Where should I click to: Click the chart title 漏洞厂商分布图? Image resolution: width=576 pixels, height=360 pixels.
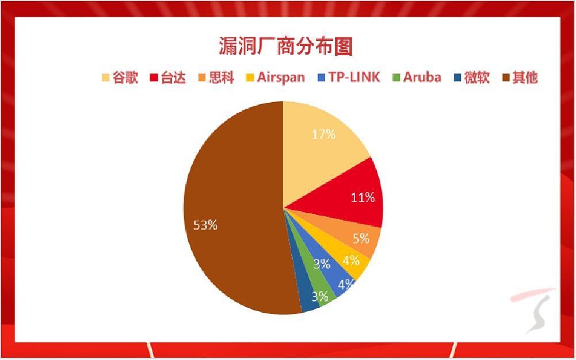click(286, 46)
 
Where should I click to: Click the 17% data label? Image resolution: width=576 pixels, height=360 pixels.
click(323, 135)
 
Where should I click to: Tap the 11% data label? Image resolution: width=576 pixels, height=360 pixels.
click(363, 197)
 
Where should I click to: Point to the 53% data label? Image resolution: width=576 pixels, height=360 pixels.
click(205, 225)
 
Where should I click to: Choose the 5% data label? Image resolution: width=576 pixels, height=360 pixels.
click(361, 239)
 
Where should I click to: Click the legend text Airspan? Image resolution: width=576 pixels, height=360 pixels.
click(281, 78)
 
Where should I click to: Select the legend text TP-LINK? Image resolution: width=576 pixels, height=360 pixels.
click(354, 77)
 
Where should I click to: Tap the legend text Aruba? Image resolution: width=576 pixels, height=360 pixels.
click(422, 77)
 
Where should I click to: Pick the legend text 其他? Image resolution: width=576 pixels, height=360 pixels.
click(525, 78)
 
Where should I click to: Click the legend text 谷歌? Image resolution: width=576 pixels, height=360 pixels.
click(125, 78)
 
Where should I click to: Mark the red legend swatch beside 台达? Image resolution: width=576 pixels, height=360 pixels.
click(154, 78)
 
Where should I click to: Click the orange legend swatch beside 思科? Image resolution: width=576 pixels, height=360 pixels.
click(201, 78)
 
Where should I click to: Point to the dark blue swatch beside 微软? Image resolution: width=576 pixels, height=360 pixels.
click(457, 78)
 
